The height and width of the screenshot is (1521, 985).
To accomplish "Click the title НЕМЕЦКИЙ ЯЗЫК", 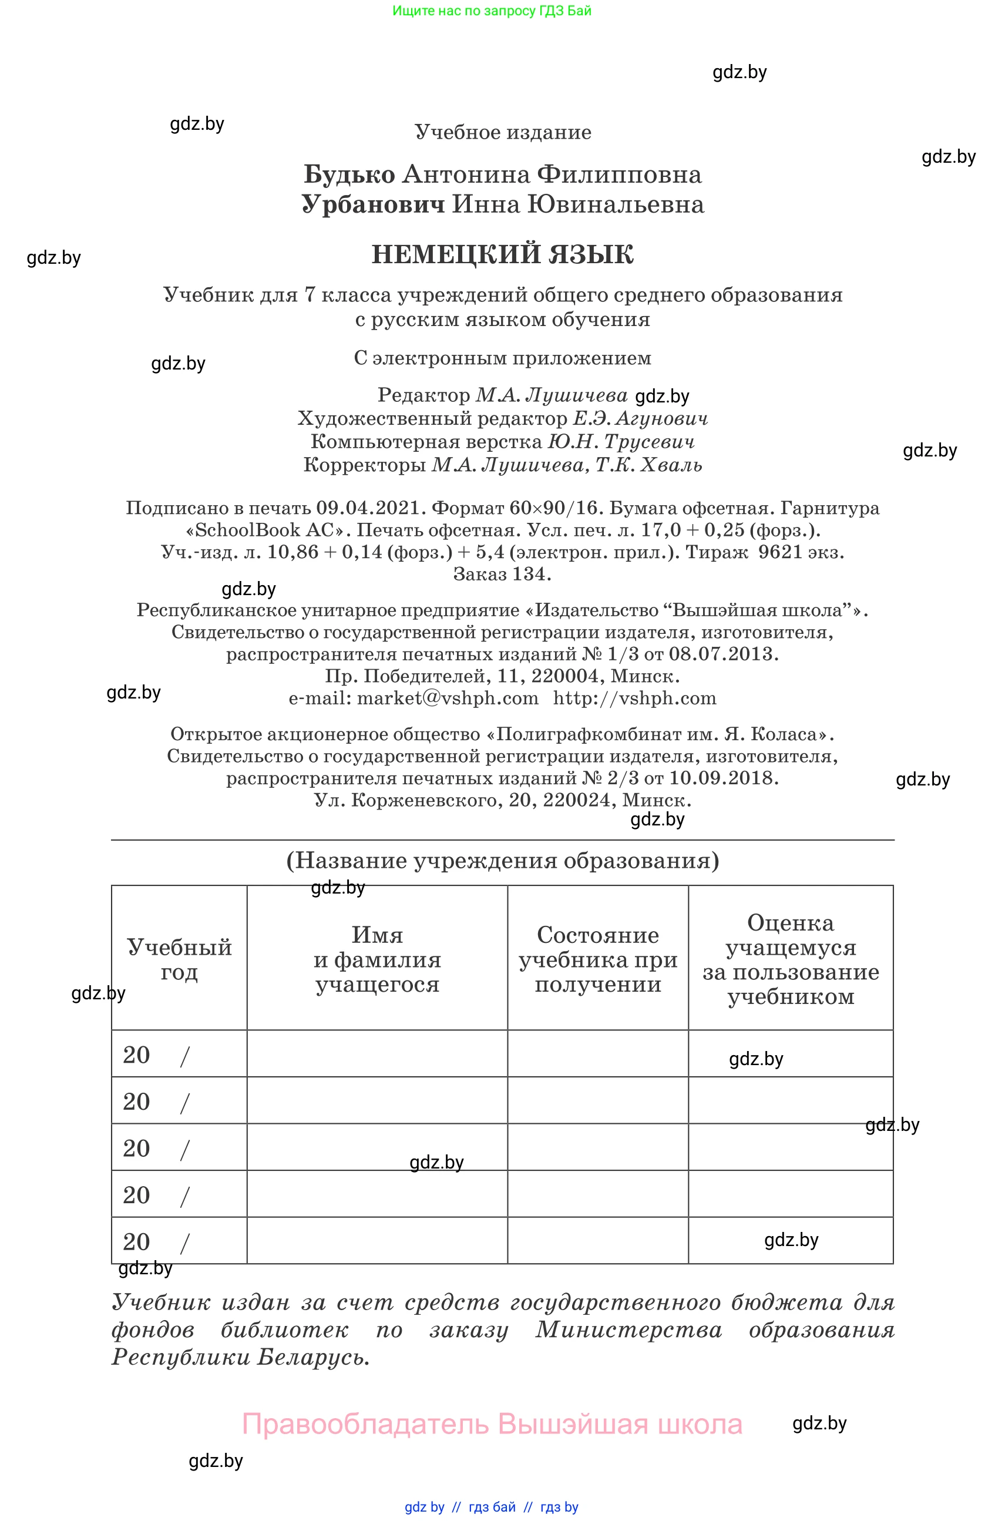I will point(502,254).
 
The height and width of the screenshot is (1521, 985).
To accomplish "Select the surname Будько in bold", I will point(349,174).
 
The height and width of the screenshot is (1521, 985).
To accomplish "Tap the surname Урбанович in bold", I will point(373,204).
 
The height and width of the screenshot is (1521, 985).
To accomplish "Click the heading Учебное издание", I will point(503,132).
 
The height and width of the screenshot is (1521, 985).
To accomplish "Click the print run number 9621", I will point(779,552).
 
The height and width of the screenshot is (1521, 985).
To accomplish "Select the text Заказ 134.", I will point(502,574).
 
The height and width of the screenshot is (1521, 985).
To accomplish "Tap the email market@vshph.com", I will point(447,698).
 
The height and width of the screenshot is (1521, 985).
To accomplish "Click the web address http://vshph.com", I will point(634,698).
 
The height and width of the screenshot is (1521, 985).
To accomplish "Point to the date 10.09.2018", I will point(722,778).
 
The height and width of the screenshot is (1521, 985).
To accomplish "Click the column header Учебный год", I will point(179,959).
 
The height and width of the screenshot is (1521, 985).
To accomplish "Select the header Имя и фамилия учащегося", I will point(377,959).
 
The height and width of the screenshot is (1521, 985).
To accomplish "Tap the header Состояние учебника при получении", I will point(597,959).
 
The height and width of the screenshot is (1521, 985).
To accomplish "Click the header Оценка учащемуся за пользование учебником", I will point(790,959).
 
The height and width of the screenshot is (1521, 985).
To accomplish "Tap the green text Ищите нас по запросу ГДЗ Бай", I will point(491,11).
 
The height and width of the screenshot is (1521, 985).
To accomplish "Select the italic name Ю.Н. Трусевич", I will point(620,442).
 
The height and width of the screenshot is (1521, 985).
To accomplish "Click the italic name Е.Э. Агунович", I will point(640,419).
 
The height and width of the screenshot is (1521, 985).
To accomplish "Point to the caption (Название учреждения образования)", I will point(502,860).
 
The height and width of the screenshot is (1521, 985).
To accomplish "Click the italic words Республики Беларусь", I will point(240,1357).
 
